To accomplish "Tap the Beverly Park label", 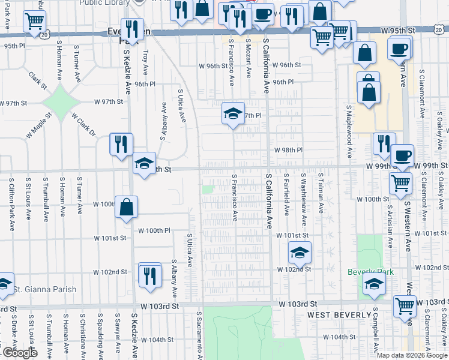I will [x=371, y=272].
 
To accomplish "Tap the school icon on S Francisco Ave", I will [x=232, y=113].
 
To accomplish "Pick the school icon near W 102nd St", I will [x=299, y=253].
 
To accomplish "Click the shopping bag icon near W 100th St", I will [x=126, y=207].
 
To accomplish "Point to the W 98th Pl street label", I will [x=288, y=150].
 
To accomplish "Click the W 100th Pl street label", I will [x=154, y=230].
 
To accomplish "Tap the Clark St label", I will [x=38, y=81].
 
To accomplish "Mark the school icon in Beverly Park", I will [x=374, y=286].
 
